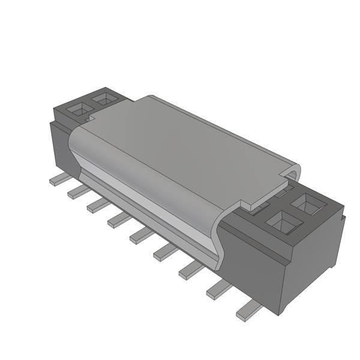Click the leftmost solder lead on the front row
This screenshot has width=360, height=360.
[x=59, y=178]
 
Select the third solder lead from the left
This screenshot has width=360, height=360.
[x=98, y=205]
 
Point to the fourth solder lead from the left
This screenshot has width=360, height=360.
[x=119, y=220]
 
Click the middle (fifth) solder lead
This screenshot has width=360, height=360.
[x=142, y=236]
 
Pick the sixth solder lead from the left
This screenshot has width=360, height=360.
[x=165, y=253]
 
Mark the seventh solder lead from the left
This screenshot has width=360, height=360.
[x=191, y=271]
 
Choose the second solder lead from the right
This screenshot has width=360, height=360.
[x=219, y=290]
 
